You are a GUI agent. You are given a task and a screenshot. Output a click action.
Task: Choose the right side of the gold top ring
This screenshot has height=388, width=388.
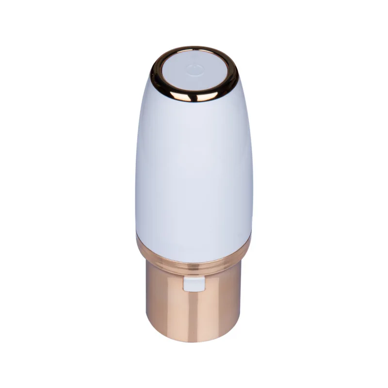tap(236, 73)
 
